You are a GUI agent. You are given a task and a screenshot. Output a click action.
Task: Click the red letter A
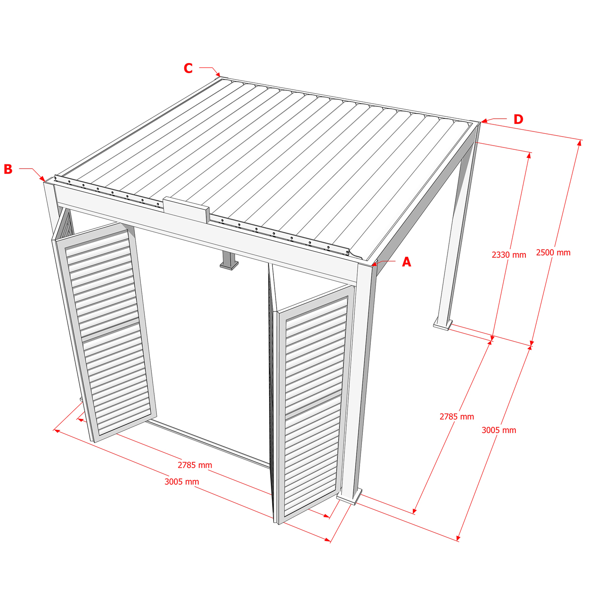[x=406, y=262]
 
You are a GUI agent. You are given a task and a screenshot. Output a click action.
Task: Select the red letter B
[x=8, y=169]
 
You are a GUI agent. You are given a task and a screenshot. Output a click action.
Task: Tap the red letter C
[x=188, y=68]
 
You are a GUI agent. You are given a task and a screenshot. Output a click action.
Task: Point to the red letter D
[x=518, y=119]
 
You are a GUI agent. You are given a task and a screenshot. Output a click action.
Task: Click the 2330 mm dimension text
[x=508, y=254]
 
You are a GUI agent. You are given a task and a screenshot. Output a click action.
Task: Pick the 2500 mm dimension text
[x=553, y=253]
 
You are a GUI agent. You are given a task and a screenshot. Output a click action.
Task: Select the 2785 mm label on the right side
[x=457, y=416]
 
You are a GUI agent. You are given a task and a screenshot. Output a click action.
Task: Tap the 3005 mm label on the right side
[x=499, y=430]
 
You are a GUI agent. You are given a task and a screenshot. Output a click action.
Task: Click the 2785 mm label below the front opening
[x=195, y=465]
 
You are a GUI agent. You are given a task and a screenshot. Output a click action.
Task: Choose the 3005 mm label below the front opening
[x=181, y=482]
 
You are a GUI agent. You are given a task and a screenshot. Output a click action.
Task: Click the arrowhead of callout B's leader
[x=42, y=179]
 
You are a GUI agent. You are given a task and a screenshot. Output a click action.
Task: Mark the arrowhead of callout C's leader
[x=218, y=74]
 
